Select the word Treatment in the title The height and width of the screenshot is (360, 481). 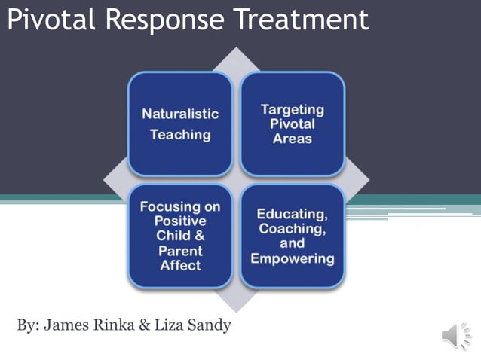tap(302, 20)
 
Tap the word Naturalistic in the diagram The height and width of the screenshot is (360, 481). tap(180, 114)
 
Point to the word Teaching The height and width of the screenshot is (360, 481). tap(180, 136)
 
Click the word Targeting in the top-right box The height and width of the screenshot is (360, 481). tap(292, 109)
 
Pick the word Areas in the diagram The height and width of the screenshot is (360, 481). tap(292, 139)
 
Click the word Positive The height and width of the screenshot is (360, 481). tap(180, 221)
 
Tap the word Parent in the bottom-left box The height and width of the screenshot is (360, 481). tap(180, 251)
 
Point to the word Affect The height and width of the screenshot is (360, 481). tap(180, 266)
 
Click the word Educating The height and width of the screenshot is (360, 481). tap(292, 214)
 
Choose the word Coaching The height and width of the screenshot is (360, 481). tap(292, 229)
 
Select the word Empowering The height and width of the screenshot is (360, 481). tap(292, 258)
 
